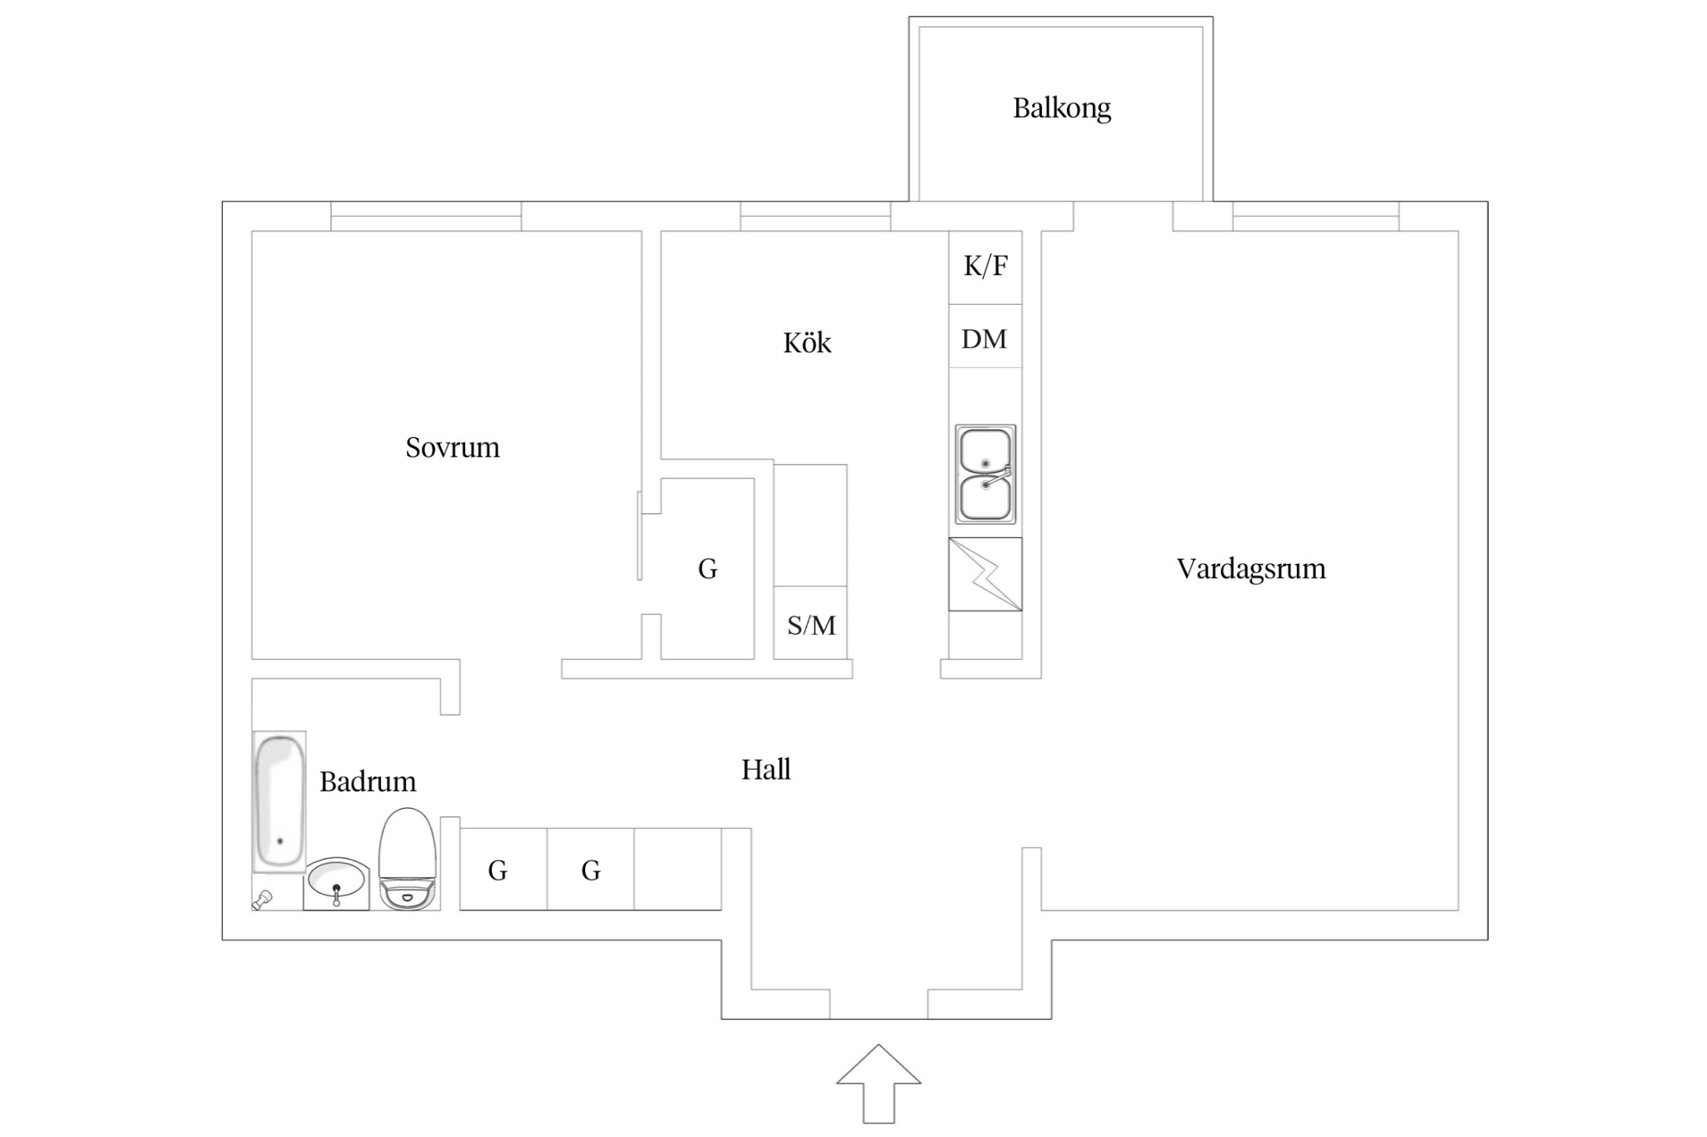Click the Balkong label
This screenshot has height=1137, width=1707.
pos(1061,108)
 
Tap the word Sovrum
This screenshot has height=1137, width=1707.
pos(452,448)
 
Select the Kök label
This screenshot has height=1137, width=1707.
pos(807,343)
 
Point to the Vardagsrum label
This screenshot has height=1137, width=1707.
pos(1250,569)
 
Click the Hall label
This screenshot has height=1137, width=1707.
pos(765,770)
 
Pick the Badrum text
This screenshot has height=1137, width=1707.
pos(368,782)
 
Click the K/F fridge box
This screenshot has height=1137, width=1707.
pos(985,267)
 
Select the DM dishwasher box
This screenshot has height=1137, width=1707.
pos(984,339)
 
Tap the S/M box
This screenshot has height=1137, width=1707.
pos(811,625)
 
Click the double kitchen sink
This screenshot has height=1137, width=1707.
pos(985,474)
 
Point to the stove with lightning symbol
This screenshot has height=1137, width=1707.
pos(985,574)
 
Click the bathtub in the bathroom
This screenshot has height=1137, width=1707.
pos(278,801)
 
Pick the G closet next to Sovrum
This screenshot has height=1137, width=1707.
pos(708,570)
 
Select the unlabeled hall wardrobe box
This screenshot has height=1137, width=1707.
pos(678,870)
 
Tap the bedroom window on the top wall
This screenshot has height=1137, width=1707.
pos(426,216)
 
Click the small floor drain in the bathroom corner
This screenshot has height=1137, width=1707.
pos(263,900)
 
